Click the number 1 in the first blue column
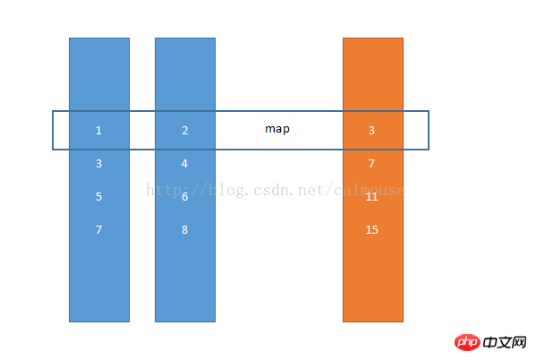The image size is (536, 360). pyautogui.click(x=98, y=131)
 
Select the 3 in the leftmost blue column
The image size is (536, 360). pyautogui.click(x=98, y=164)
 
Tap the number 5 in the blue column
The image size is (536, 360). pyautogui.click(x=98, y=197)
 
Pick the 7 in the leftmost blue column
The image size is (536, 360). pyautogui.click(x=98, y=229)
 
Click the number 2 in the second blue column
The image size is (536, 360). pyautogui.click(x=185, y=131)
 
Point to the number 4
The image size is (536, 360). pyautogui.click(x=184, y=164)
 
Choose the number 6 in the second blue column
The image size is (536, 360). pyautogui.click(x=185, y=197)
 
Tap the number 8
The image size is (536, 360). pyautogui.click(x=185, y=229)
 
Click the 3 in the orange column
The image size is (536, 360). pyautogui.click(x=371, y=131)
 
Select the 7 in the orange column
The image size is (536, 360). pyautogui.click(x=371, y=164)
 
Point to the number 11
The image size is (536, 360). pyautogui.click(x=371, y=197)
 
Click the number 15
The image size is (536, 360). pyautogui.click(x=372, y=229)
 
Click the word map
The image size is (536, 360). pyautogui.click(x=277, y=129)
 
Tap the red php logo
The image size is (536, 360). pyautogui.click(x=467, y=342)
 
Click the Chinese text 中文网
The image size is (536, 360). pyautogui.click(x=505, y=343)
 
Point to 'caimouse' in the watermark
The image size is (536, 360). pyautogui.click(x=370, y=190)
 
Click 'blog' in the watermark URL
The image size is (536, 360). pyautogui.click(x=226, y=190)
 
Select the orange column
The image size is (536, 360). pyautogui.click(x=373, y=180)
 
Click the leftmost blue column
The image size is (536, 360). pyautogui.click(x=99, y=180)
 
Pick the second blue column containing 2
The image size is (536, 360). pyautogui.click(x=185, y=180)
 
